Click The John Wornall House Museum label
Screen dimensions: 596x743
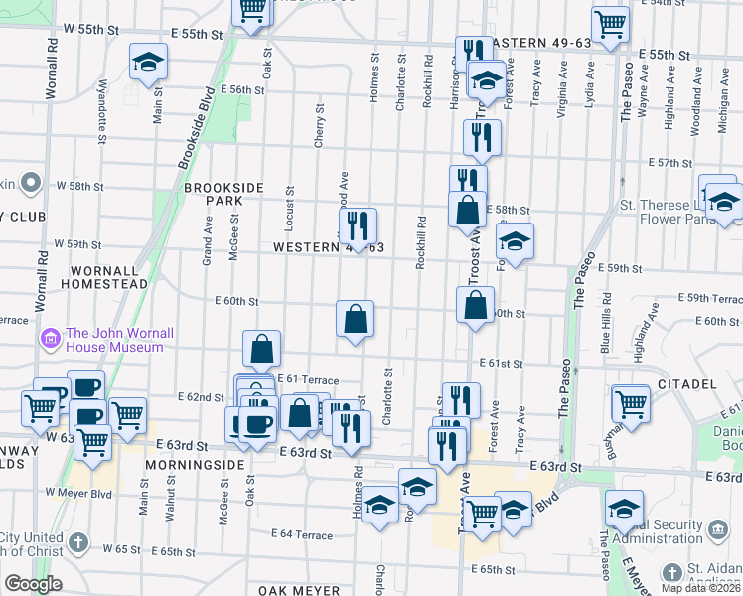click(x=114, y=340)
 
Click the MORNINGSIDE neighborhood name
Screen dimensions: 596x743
click(x=194, y=464)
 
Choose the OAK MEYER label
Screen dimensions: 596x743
click(x=299, y=590)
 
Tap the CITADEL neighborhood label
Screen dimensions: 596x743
click(x=686, y=383)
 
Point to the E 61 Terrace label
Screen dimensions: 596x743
click(x=308, y=380)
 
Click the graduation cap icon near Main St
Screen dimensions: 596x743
click(x=148, y=63)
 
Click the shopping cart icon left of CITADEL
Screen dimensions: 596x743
click(x=631, y=402)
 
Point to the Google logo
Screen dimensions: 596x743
click(x=32, y=584)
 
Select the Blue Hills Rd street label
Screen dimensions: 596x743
click(x=606, y=330)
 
